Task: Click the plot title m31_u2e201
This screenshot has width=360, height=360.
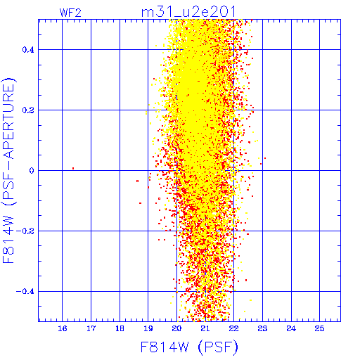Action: pyautogui.click(x=188, y=12)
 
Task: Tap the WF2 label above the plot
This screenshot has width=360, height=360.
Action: pyautogui.click(x=70, y=13)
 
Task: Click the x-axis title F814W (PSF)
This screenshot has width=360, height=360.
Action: pyautogui.click(x=189, y=347)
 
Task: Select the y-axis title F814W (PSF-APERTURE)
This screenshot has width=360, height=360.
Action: pyautogui.click(x=8, y=170)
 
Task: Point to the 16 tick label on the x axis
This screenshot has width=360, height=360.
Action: pyautogui.click(x=63, y=328)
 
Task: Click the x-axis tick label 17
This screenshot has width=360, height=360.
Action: pyautogui.click(x=91, y=328)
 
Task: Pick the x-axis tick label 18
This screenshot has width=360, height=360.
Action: pyautogui.click(x=120, y=328)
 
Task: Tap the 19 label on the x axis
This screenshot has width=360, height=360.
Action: pyautogui.click(x=148, y=328)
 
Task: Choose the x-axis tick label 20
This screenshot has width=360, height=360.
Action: pyautogui.click(x=176, y=328)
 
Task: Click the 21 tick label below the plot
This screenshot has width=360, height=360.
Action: pyautogui.click(x=205, y=328)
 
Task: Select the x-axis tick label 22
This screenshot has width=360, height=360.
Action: pyautogui.click(x=234, y=328)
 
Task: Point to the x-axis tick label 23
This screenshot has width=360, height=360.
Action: pyautogui.click(x=262, y=328)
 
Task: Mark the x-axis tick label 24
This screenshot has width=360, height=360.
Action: pyautogui.click(x=291, y=328)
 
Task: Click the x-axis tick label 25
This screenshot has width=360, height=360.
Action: pyautogui.click(x=320, y=328)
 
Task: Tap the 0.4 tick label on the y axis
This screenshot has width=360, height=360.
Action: pyautogui.click(x=28, y=50)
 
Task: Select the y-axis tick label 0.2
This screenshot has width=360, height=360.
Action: pyautogui.click(x=28, y=110)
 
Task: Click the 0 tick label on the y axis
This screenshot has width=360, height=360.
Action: pyautogui.click(x=32, y=171)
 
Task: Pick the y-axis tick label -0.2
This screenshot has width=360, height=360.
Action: pyautogui.click(x=25, y=231)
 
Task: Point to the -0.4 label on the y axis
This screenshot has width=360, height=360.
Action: pyautogui.click(x=25, y=292)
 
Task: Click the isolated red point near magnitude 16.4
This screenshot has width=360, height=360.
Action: pyautogui.click(x=73, y=168)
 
